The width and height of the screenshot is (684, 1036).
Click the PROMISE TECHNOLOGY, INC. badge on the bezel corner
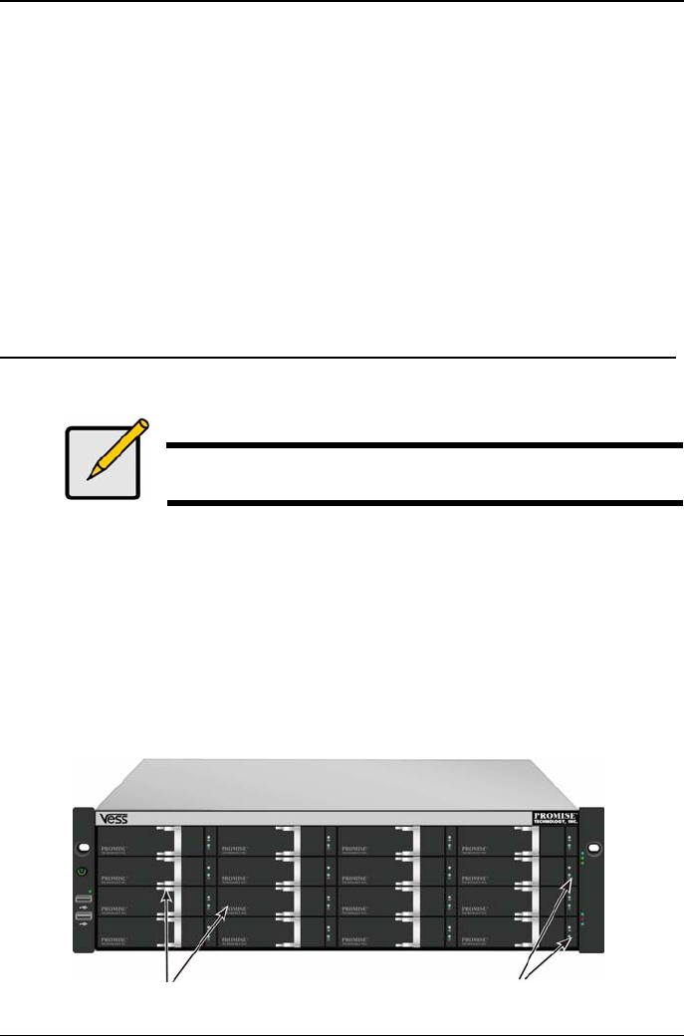[556, 818]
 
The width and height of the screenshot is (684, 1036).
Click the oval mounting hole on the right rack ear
[594, 849]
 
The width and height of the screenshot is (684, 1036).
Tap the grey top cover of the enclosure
[339, 782]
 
